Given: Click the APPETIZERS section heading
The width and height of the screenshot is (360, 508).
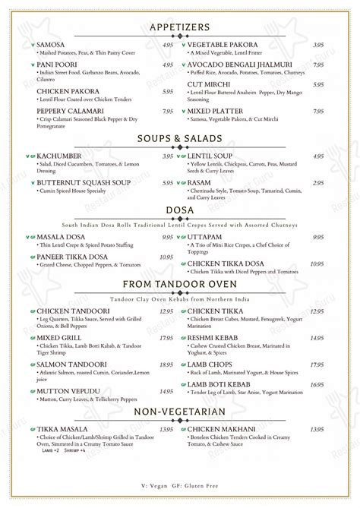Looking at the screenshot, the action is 180,27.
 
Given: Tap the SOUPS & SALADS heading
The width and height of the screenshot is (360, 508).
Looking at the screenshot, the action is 180,138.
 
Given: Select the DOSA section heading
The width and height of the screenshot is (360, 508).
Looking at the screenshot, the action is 180,210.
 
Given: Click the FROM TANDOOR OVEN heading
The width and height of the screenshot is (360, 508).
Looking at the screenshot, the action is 180,284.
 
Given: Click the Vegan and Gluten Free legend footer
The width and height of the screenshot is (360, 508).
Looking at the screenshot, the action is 180,486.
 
